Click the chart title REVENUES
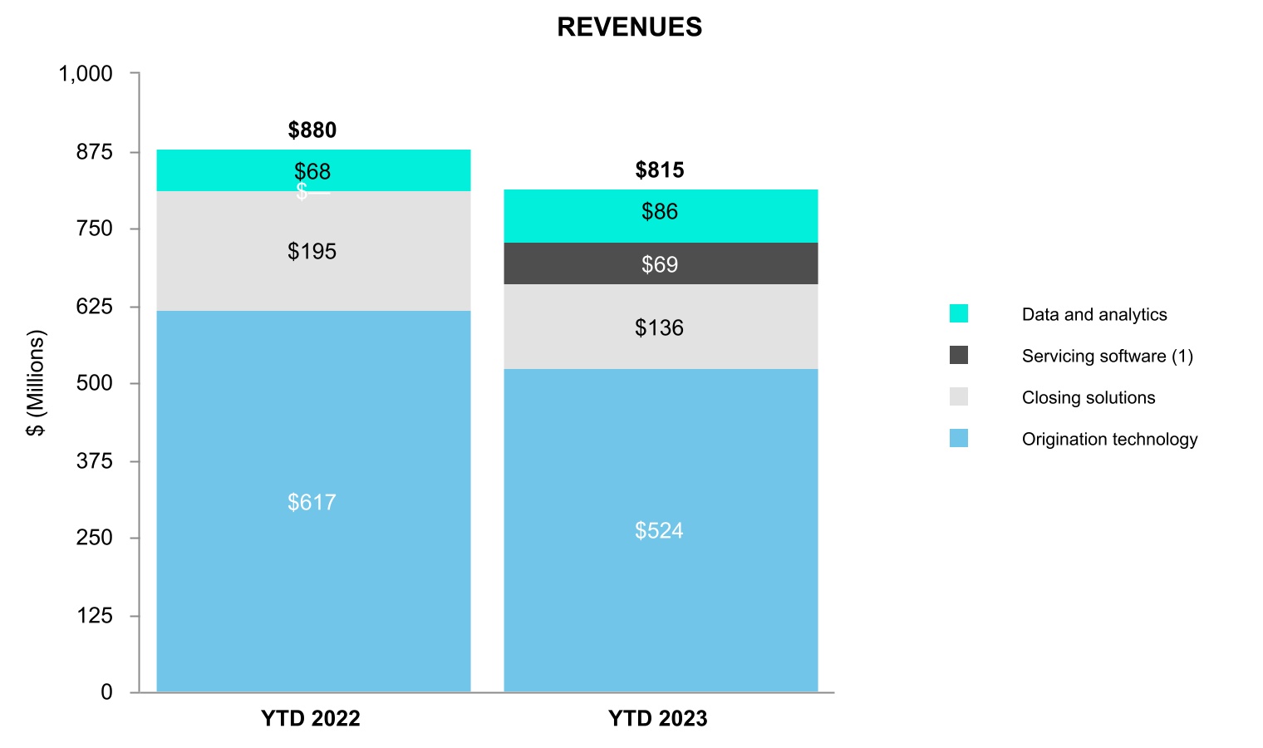pos(629,27)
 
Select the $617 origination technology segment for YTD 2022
pos(313,501)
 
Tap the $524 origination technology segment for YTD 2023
pos(661,530)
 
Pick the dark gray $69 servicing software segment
pos(661,264)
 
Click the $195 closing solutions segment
pos(313,251)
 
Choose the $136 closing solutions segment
pos(661,327)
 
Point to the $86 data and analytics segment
pos(661,212)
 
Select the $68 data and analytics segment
pos(313,170)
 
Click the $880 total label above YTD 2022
pos(312,130)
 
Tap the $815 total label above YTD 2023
pos(660,170)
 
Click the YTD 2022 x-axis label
pos(311,719)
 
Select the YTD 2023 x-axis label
pos(658,719)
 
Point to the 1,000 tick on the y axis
pos(86,74)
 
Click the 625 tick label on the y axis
pos(94,307)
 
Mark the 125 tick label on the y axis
pos(95,616)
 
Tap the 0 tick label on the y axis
pos(106,692)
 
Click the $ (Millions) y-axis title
pos(36,383)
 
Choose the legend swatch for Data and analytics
pos(959,314)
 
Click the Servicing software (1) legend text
pos(1107,357)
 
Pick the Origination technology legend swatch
pos(959,439)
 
